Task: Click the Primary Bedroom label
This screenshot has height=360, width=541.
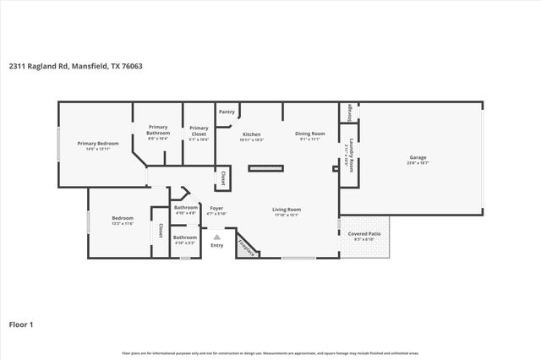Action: point(98,144)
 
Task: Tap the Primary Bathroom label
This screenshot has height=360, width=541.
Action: point(158,130)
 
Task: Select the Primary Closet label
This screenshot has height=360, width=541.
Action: point(199,130)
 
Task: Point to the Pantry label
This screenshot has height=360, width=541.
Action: point(227,112)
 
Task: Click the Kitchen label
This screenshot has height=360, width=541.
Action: point(252,134)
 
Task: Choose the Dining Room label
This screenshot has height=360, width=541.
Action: point(310,134)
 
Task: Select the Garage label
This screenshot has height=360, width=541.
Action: point(418,157)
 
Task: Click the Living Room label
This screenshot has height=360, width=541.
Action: point(287,210)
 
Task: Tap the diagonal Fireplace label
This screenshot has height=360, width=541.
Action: point(246,246)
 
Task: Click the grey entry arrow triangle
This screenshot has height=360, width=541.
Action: point(216,237)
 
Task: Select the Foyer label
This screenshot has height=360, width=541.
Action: point(216,208)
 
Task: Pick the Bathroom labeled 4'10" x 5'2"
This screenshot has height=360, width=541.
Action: point(185,237)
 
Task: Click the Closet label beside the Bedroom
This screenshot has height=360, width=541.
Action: point(161,230)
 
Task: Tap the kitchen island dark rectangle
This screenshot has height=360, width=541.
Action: point(265,168)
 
